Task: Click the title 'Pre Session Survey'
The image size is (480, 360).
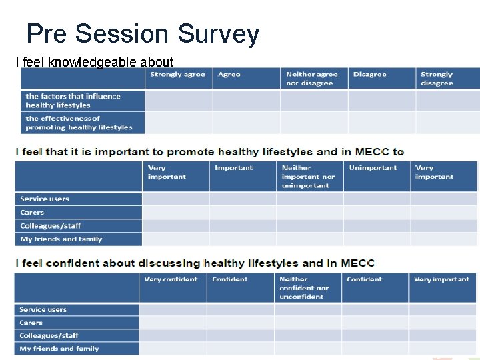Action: (143, 33)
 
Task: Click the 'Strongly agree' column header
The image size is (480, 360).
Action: (177, 75)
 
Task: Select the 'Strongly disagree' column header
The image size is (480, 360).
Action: (437, 79)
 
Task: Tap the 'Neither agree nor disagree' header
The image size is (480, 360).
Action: (311, 79)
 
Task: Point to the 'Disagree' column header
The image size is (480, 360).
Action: (370, 75)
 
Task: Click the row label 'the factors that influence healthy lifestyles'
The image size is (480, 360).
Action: (73, 101)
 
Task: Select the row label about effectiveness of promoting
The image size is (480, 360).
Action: (79, 123)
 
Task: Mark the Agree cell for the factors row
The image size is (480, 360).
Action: (246, 101)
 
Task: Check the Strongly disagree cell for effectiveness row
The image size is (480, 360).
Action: (447, 123)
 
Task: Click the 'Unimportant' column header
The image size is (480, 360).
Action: (373, 168)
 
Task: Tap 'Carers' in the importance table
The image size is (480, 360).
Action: (32, 213)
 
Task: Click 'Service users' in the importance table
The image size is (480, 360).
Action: (45, 199)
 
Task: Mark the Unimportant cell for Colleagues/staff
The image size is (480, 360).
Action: (376, 226)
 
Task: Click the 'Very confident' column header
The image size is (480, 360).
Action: (171, 280)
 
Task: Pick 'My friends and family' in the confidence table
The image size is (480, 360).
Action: (59, 349)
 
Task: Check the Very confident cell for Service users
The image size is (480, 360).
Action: (172, 309)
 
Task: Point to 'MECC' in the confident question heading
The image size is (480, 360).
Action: (358, 263)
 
